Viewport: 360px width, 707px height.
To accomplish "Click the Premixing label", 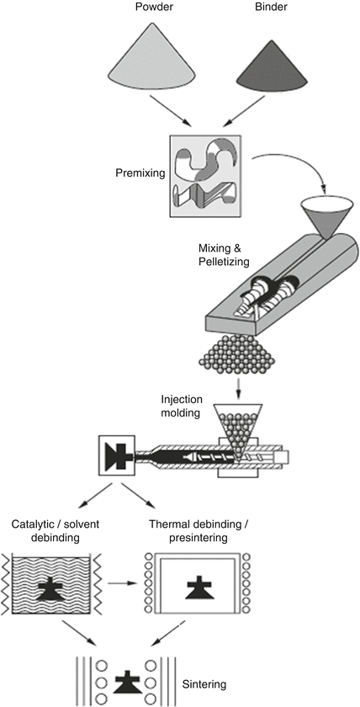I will click(x=139, y=173).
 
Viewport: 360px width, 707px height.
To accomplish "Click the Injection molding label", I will click(x=182, y=405).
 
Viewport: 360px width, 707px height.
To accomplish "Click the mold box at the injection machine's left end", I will click(x=117, y=456).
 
